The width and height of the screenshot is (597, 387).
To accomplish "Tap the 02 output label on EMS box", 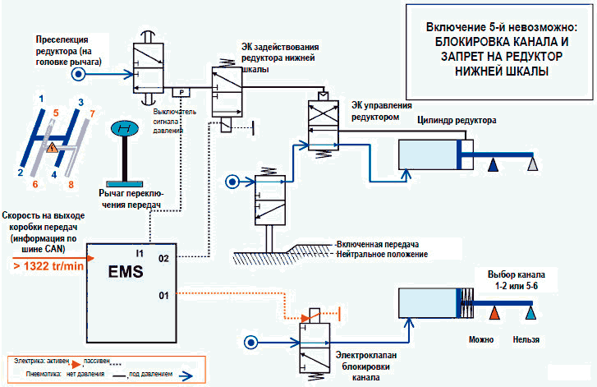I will tap(163, 258).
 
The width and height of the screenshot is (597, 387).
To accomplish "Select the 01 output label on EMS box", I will tap(163, 293).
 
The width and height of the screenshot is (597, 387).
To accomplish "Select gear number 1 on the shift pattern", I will tap(40, 99).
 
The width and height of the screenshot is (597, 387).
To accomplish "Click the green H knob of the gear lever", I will tap(126, 130).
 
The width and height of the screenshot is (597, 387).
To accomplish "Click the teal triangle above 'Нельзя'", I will tap(531, 313).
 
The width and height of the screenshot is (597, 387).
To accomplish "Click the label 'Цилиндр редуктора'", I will tap(457, 120).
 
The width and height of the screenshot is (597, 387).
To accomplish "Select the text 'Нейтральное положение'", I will tap(382, 255).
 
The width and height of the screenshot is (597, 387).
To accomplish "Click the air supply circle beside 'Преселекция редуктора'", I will tap(78, 73).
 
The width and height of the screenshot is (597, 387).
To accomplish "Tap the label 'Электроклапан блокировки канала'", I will tap(367, 366).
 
